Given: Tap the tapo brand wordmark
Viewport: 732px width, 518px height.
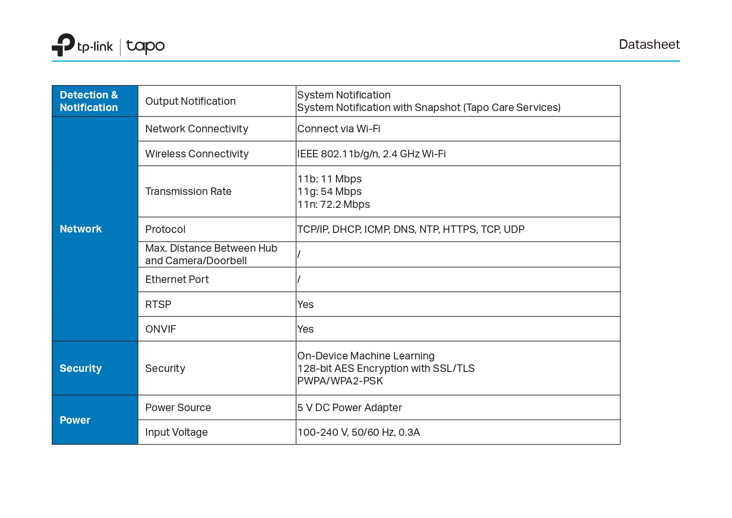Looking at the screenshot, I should tap(145, 46).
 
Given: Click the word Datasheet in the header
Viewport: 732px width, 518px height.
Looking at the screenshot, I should tap(649, 44).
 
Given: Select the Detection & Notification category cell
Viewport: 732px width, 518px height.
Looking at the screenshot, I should tap(89, 101).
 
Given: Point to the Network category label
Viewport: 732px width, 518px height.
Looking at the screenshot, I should tap(81, 229).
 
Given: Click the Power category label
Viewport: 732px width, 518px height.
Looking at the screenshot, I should tap(75, 420).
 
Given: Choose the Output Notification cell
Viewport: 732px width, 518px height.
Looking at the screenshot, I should tap(190, 101).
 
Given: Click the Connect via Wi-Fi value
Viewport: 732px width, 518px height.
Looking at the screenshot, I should tap(338, 129).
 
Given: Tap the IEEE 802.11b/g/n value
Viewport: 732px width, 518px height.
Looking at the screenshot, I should tap(371, 154).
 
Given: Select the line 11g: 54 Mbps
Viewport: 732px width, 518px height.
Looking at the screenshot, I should tap(329, 191).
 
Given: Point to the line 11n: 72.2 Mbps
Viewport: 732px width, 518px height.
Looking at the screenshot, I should tap(333, 204).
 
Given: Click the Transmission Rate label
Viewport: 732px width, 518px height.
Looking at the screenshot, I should tap(188, 191).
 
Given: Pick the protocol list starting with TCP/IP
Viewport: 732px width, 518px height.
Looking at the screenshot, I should tap(411, 229).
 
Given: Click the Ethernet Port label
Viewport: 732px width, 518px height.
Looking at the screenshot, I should tap(177, 279).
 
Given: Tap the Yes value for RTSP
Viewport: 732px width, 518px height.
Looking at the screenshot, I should tap(305, 304).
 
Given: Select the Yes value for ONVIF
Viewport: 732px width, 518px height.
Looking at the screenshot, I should tap(305, 329).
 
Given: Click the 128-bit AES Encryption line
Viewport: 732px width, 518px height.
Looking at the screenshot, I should tap(386, 368).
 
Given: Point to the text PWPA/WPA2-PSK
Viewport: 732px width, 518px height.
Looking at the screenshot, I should tap(340, 381).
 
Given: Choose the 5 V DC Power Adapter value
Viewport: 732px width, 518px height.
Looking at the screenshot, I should tap(349, 407).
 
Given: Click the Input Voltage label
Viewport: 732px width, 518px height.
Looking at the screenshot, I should tap(176, 432).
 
